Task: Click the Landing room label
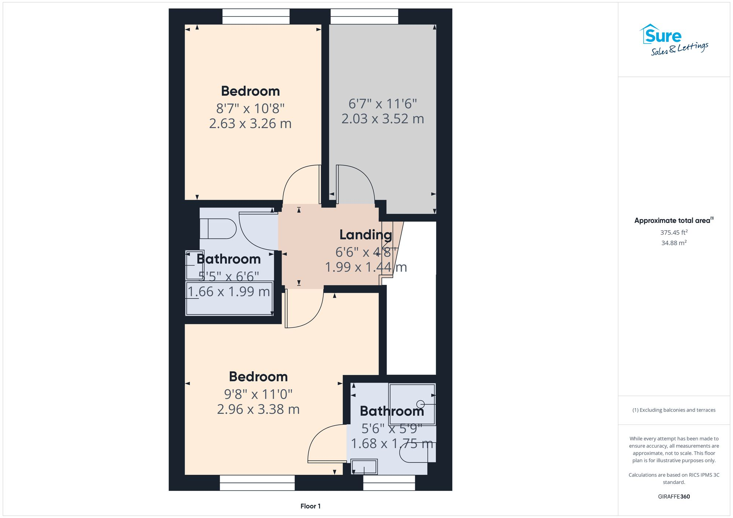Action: coord(365,235)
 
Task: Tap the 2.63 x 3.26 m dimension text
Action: coord(250,123)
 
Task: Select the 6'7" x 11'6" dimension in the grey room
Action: coord(383,104)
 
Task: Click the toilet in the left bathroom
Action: coord(218,229)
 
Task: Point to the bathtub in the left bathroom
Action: coord(229,298)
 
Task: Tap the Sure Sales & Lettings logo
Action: coord(674,40)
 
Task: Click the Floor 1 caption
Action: coord(310,506)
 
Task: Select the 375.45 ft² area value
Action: coord(674,232)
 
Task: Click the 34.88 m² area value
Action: coord(674,243)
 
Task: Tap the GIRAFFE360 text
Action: coord(674,496)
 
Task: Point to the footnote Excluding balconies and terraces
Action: coord(674,410)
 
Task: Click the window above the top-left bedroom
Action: coord(256,16)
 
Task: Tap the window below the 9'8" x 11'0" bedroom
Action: coord(257,482)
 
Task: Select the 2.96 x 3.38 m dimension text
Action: coord(258,409)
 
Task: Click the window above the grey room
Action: coord(364,16)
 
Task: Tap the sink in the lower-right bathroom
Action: coord(364,467)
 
